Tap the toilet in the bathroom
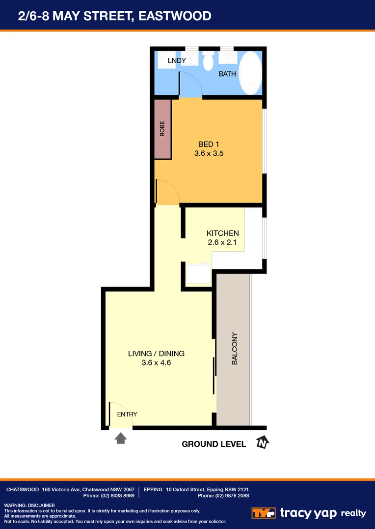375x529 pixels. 208,61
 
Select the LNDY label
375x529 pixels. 177,61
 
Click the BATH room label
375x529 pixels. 227,74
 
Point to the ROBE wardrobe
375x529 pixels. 162,129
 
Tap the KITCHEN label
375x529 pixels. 222,233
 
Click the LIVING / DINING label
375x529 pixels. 156,353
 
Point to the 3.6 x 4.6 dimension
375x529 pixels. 156,363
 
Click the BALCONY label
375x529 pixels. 234,349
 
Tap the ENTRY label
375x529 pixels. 127,414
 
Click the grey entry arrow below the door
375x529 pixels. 120,438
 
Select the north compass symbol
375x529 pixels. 263,443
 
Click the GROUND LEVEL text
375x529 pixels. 214,444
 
